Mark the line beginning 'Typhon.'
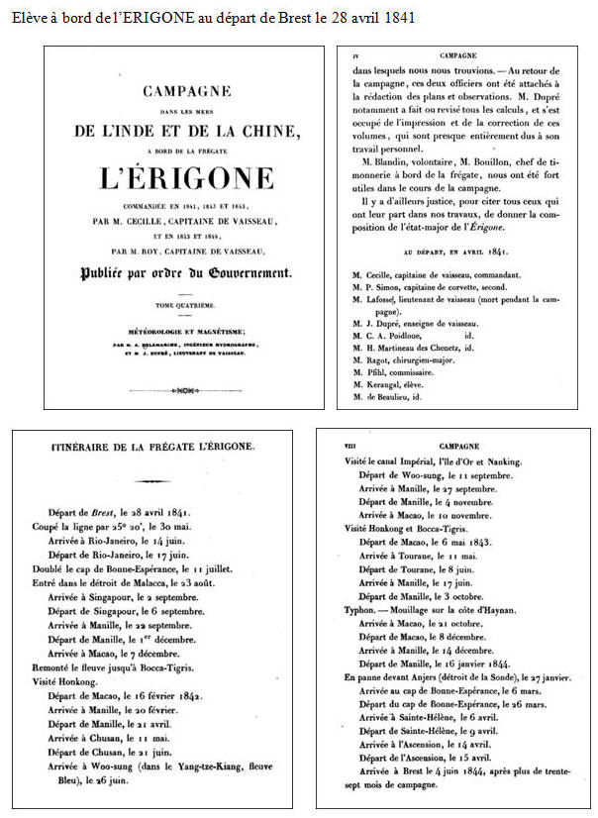click(430, 612)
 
